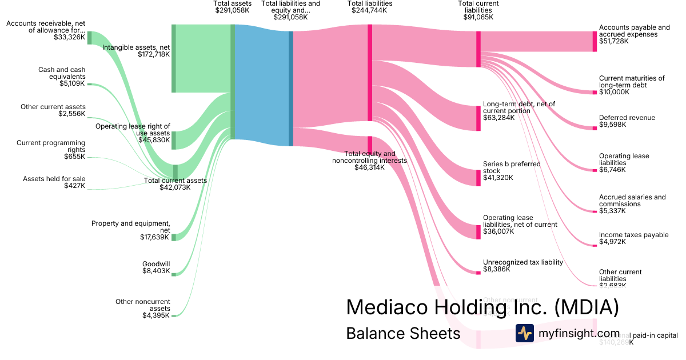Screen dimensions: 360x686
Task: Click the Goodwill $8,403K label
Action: click(x=156, y=267)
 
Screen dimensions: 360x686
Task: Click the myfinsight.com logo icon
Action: click(x=525, y=333)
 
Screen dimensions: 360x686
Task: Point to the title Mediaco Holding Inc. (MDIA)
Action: click(x=482, y=307)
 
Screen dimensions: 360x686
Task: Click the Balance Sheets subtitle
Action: click(x=403, y=333)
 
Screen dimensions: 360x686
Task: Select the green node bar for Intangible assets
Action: click(x=174, y=58)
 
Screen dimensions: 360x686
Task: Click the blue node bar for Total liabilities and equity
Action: click(x=290, y=89)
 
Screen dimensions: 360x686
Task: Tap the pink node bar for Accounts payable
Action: click(x=595, y=41)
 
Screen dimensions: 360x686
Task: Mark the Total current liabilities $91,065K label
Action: click(x=478, y=10)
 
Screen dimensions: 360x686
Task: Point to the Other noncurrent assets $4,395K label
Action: click(x=142, y=308)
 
